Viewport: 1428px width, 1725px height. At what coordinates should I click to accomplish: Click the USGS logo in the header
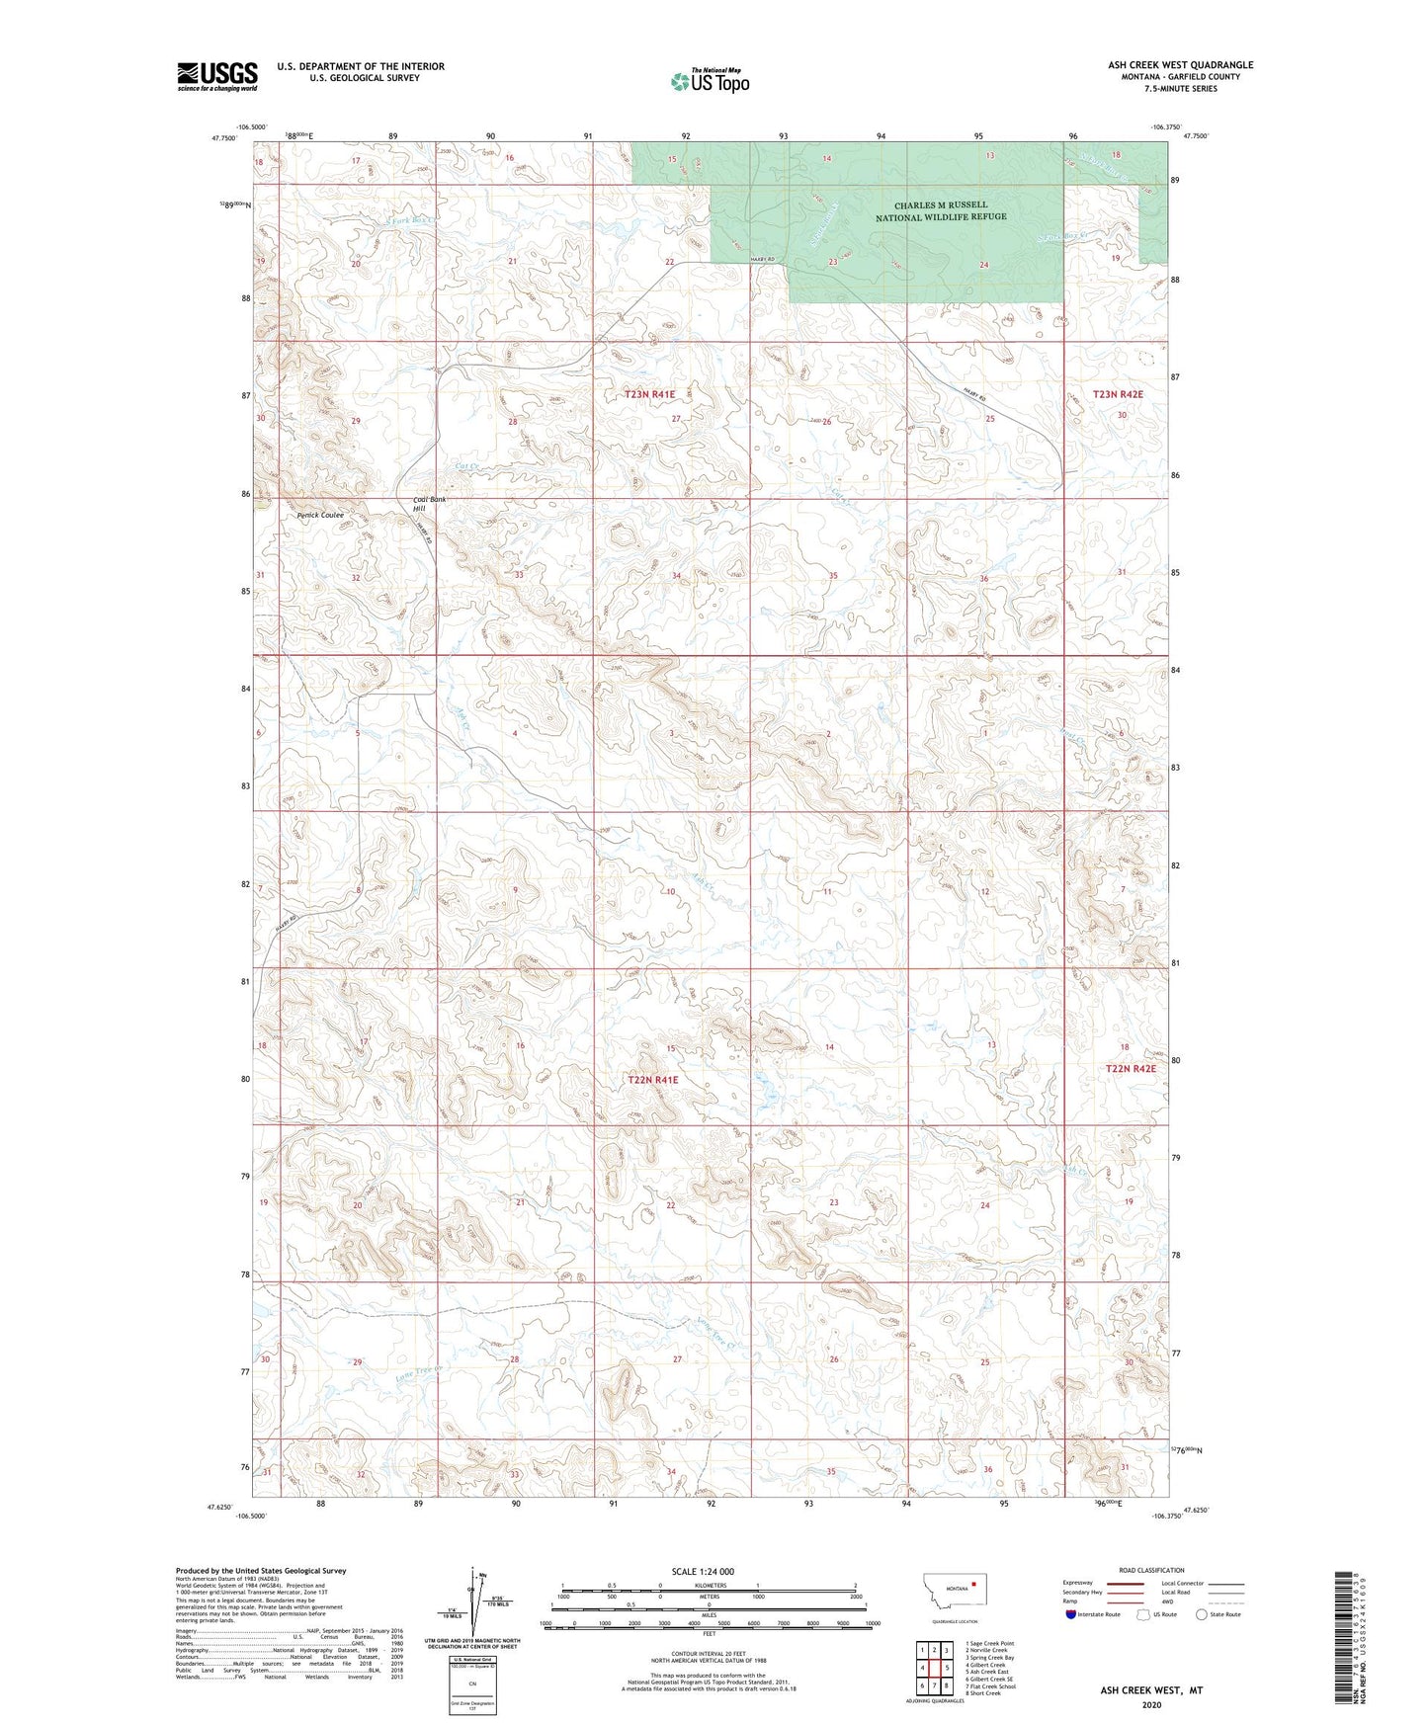point(217,76)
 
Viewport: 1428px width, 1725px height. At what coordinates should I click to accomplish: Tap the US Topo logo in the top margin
point(710,81)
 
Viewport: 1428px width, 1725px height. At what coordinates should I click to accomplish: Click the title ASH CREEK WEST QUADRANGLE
point(1180,65)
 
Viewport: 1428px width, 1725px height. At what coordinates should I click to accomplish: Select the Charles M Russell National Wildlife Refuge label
point(941,211)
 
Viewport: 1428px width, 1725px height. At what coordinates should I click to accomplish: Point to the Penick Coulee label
point(320,516)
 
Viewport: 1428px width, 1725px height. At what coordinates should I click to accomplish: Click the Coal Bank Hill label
point(429,505)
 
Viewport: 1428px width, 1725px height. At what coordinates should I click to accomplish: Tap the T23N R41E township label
point(649,394)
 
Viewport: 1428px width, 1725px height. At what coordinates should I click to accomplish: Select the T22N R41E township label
point(652,1080)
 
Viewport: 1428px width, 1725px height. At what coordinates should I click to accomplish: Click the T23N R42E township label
point(1118,394)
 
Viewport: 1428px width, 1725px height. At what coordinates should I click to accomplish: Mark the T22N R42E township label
point(1130,1069)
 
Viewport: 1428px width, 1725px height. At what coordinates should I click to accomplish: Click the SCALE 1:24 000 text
point(703,1571)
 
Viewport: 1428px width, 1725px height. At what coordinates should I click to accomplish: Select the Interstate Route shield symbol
point(1073,1614)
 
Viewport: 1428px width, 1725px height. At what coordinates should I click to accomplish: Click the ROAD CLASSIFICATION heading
point(1151,1570)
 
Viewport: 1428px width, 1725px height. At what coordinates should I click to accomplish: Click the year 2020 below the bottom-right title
point(1151,1704)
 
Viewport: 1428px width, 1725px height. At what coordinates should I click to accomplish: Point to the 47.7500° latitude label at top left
point(223,139)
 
